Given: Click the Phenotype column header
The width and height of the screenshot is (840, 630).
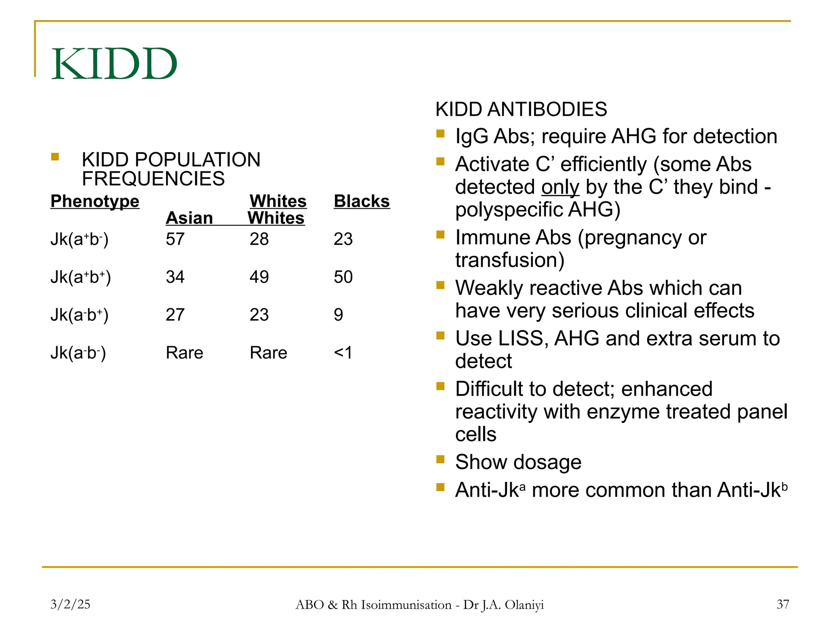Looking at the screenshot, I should coord(95,201).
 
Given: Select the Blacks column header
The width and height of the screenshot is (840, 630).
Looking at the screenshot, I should coord(361,201).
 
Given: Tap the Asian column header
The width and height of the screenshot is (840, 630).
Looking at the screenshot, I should coord(189,218).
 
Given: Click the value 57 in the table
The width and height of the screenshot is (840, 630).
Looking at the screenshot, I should coord(175,239).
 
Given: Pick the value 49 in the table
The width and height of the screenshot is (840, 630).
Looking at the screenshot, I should coord(259,277).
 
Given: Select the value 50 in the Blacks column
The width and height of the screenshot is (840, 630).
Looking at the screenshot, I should coord(343,277).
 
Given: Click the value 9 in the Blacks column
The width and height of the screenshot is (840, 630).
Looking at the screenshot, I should coord(338,315).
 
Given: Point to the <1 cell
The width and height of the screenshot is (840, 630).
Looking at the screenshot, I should coord(343,353).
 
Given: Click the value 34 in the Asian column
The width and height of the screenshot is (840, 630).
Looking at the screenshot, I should coord(175,277).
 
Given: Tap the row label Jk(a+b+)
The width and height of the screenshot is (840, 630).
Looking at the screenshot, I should coord(80,277).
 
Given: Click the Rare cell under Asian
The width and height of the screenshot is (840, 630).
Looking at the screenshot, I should coord(184,353).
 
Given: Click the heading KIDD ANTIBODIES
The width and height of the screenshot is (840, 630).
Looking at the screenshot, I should coord(521,109).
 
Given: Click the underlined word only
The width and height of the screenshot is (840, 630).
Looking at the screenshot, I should coord(560,187).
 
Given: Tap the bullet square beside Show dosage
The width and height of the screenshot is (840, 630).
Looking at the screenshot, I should coord(441,459).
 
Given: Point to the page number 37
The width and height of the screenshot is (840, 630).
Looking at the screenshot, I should coord(783,604).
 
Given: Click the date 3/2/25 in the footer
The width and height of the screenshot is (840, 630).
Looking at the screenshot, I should coord(70,604).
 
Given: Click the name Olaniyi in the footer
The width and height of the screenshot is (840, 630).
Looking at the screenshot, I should coord(524,605).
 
